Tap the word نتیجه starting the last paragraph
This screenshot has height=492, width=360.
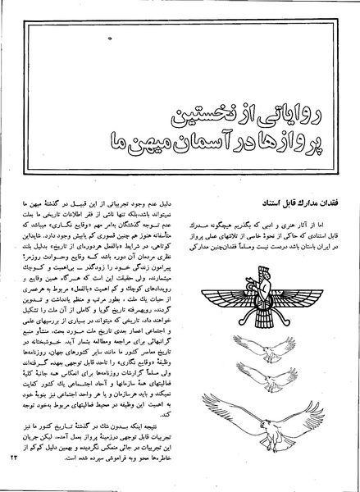pyautogui.click(x=162, y=418)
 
